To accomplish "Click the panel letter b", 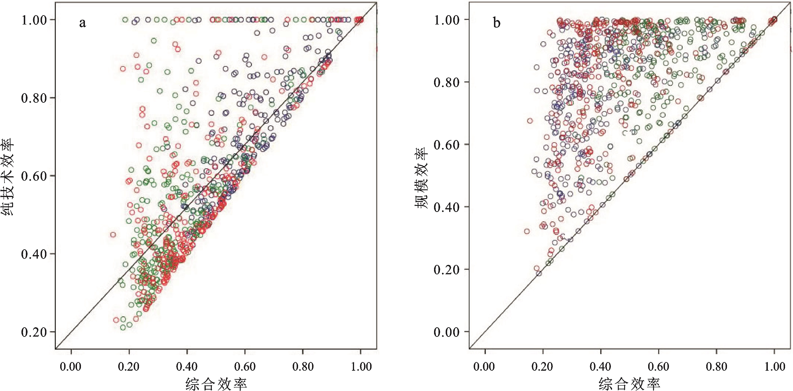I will tap(497, 23).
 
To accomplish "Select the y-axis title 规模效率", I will tap(421, 178).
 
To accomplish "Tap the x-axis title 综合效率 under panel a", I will tap(216, 384).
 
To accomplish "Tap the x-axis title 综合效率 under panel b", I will tap(630, 384).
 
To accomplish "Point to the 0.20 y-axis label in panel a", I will tap(34, 332).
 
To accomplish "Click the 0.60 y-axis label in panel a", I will tap(34, 176).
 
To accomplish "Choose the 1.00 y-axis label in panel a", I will tap(34, 20).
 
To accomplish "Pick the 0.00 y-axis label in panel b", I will tap(447, 332).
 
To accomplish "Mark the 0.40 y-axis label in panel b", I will tap(447, 207).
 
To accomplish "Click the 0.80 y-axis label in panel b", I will tap(447, 82).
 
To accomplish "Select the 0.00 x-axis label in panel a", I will tap(71, 367).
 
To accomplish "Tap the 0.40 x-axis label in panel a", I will tap(187, 367).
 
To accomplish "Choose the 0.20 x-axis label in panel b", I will tap(543, 367).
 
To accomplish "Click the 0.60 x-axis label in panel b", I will tap(658, 367).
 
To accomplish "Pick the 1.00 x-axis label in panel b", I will tap(775, 367).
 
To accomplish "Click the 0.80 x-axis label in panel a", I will tap(303, 367).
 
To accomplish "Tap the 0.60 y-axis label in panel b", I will tap(447, 144).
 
